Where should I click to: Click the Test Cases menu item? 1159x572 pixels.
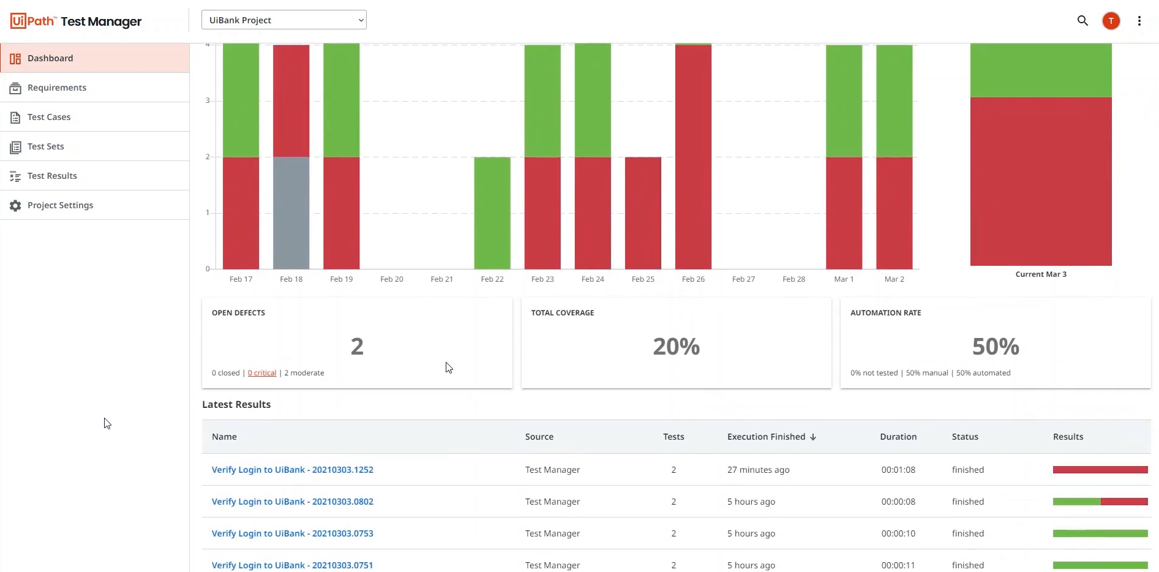click(49, 117)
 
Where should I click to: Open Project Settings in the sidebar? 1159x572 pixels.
click(60, 205)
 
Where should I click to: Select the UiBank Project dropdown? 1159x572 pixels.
click(283, 20)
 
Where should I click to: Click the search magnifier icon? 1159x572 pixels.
click(1082, 21)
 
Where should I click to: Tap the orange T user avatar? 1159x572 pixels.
click(1111, 21)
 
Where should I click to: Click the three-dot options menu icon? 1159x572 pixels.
click(1139, 21)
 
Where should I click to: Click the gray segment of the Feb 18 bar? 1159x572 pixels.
click(291, 213)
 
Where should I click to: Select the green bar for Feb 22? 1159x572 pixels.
click(492, 213)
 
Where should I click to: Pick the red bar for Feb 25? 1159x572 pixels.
click(643, 213)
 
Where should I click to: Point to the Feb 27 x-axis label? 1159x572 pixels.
click(743, 279)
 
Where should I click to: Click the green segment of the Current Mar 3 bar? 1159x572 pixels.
click(1041, 70)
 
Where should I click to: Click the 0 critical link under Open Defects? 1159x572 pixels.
click(262, 373)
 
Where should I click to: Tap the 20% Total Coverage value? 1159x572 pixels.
click(676, 347)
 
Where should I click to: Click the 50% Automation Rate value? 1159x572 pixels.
click(996, 347)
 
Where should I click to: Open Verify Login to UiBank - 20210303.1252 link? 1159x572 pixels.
click(292, 470)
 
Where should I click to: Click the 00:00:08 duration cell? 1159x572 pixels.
click(898, 502)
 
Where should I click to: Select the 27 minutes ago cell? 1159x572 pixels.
click(758, 470)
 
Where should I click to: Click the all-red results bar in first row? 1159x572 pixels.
click(1100, 470)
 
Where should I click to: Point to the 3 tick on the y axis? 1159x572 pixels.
click(208, 100)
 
